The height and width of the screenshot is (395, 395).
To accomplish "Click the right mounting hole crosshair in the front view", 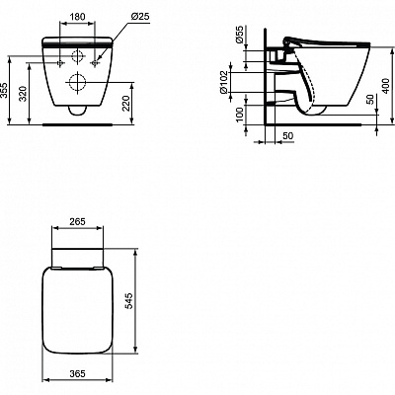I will [x=97, y=61].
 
